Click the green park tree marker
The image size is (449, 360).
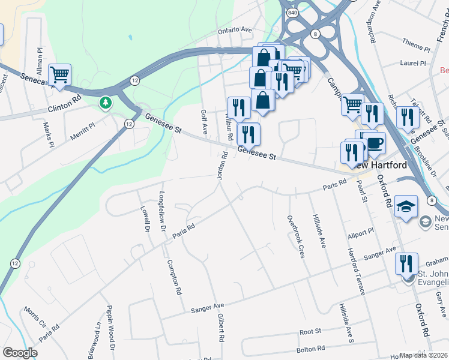(x=106, y=103)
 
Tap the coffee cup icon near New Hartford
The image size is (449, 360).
(x=375, y=143)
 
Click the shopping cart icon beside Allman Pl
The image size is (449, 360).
(x=59, y=75)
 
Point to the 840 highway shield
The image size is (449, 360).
(x=292, y=13)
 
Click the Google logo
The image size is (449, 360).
(x=20, y=353)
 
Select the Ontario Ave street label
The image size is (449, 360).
(x=235, y=29)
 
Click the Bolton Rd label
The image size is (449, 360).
(x=311, y=347)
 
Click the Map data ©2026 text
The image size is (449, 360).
(x=424, y=355)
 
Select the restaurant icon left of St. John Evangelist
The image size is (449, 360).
(x=406, y=263)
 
